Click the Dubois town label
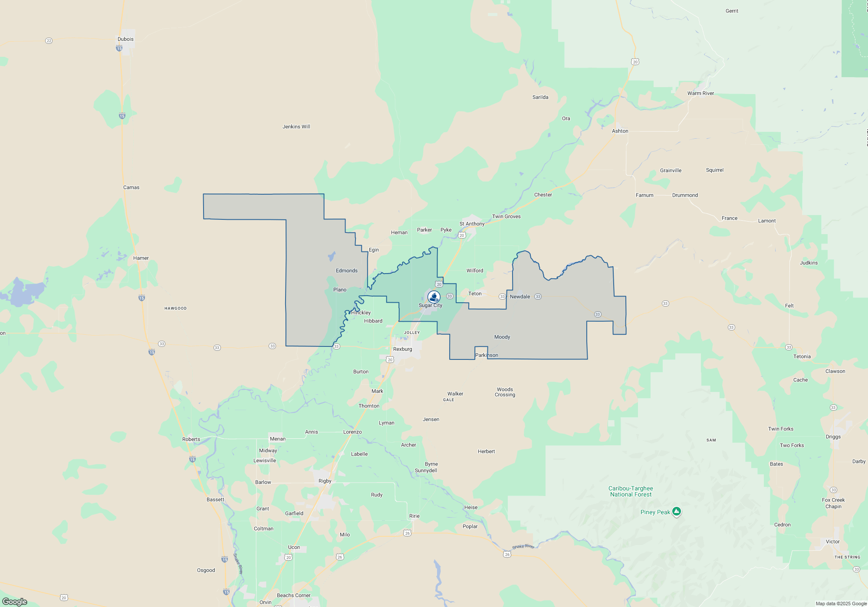pos(125,39)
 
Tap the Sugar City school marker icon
pos(434,297)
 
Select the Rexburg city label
pos(402,349)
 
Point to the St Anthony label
pos(472,224)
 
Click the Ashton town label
pos(620,131)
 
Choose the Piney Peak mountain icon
pos(676,512)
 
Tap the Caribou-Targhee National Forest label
pos(631,491)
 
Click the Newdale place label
pos(519,297)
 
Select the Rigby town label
pos(325,481)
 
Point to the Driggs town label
pos(833,437)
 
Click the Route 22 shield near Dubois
pos(49,41)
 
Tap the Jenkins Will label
pos(296,127)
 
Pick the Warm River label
pos(700,93)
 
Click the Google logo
pos(15,601)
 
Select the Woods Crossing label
pos(505,392)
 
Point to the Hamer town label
pos(141,258)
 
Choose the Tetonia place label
pos(802,356)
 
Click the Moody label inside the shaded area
pos(502,337)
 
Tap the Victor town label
pos(832,542)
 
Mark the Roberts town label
pos(191,439)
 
